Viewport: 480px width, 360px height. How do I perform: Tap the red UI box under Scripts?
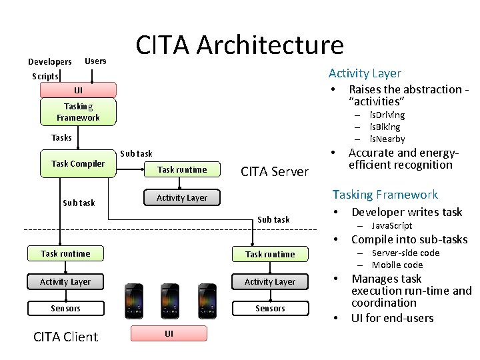[78, 90]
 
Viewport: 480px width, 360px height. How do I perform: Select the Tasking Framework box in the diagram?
[78, 112]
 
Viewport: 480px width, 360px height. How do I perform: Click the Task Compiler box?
[78, 164]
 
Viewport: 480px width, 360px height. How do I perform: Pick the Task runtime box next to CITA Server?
[182, 169]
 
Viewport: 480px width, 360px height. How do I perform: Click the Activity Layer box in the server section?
[182, 197]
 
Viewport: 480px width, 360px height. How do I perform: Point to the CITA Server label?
[275, 172]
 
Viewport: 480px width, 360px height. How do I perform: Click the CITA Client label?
[65, 337]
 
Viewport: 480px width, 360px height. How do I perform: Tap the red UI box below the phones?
[169, 333]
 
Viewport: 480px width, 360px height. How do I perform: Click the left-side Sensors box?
[65, 308]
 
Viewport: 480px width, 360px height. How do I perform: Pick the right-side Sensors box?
[269, 308]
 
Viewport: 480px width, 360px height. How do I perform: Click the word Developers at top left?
[49, 62]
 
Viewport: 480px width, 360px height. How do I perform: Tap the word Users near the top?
[95, 61]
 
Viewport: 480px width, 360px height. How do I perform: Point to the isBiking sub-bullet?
[385, 127]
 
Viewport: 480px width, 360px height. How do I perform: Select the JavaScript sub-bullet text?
[391, 225]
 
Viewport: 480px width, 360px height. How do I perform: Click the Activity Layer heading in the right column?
[365, 73]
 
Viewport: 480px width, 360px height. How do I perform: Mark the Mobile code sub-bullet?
[397, 265]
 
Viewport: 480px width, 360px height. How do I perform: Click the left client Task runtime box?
[65, 253]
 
